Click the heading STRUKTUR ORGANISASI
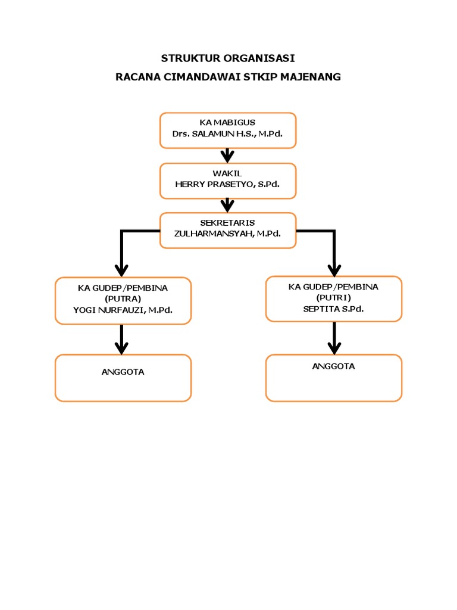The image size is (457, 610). [x=228, y=58]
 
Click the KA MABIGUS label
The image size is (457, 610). [x=227, y=123]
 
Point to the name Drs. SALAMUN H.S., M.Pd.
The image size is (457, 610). [x=227, y=134]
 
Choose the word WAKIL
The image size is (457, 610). [x=227, y=173]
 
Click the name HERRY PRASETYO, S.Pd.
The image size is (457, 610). [x=227, y=185]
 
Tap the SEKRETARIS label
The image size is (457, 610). [x=227, y=223]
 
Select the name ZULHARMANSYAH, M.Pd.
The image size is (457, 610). [x=227, y=234]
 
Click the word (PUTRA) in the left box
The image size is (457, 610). [x=123, y=298]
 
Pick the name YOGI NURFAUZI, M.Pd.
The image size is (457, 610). [x=123, y=310]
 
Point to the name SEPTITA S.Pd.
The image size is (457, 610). [x=333, y=309]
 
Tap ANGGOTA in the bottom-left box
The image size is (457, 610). [x=123, y=372]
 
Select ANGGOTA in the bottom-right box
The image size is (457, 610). [x=333, y=366]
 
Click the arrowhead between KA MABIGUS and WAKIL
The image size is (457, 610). [x=227, y=157]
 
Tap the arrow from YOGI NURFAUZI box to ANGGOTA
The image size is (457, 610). [x=122, y=340]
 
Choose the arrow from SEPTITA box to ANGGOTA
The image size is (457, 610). [x=334, y=339]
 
